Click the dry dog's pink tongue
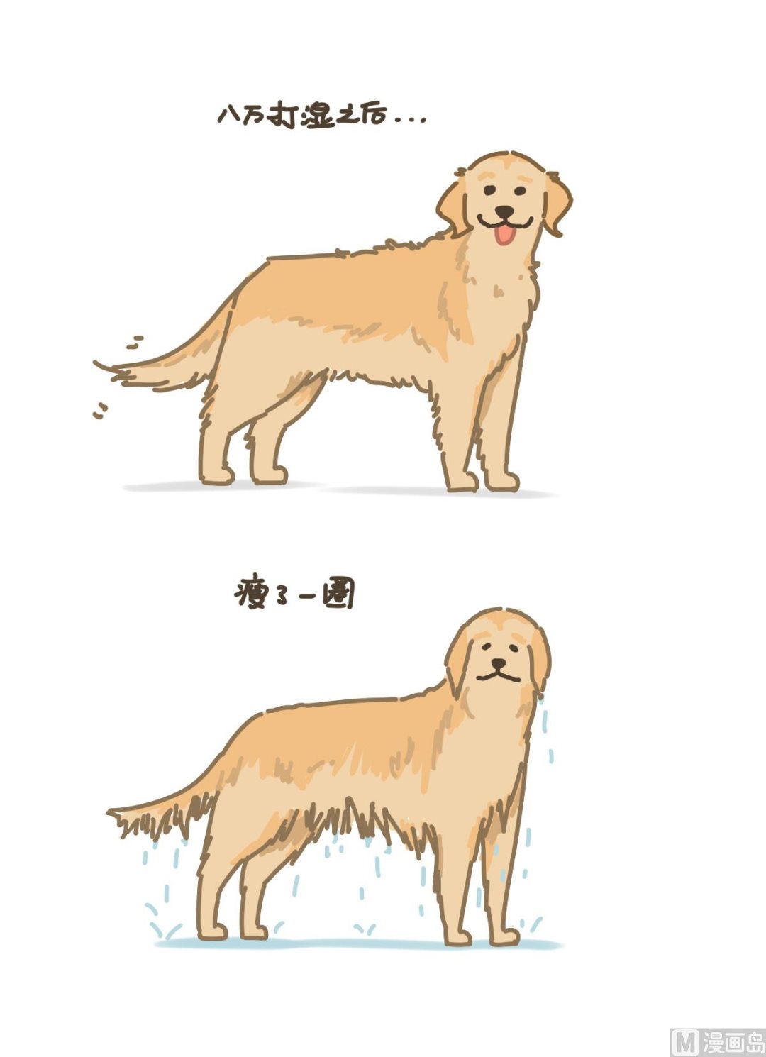click(x=504, y=235)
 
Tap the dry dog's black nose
click(x=504, y=211)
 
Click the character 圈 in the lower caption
click(x=338, y=594)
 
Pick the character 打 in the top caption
click(x=282, y=115)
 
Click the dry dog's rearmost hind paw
click(x=217, y=475)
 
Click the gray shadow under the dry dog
click(x=340, y=488)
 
